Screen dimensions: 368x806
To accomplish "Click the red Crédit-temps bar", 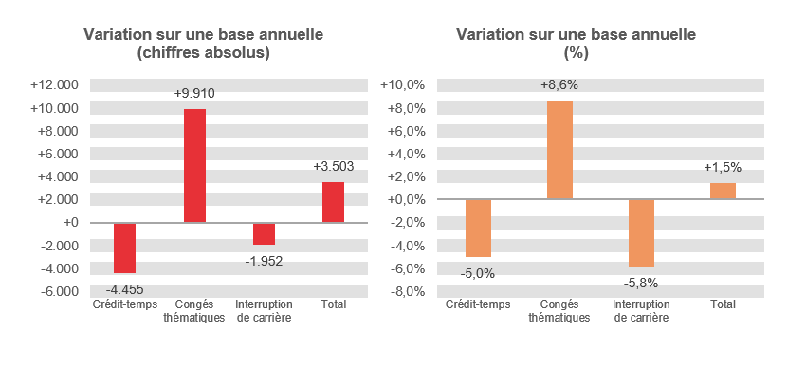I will (125, 248).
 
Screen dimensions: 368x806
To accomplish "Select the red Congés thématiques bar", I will (194, 166).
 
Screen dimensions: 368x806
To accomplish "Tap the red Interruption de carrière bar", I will (264, 233).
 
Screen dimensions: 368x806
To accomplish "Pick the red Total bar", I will (333, 202).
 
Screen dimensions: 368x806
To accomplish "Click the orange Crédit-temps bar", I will (478, 228).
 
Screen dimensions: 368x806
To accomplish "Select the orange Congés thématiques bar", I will (559, 150).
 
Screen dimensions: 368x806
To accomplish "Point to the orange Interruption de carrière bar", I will (641, 232).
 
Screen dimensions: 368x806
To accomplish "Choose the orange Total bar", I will (723, 191).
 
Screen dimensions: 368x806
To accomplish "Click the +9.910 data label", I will (194, 94).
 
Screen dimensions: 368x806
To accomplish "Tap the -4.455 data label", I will (125, 288).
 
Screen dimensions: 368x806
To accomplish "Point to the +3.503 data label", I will (333, 167).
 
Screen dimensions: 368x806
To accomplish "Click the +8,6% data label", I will (559, 85).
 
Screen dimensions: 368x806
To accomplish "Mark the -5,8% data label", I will (641, 282).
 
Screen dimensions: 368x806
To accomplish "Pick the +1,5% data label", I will (723, 168).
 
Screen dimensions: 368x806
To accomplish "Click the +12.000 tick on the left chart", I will (55, 84).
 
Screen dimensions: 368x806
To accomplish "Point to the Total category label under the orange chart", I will (723, 304).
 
